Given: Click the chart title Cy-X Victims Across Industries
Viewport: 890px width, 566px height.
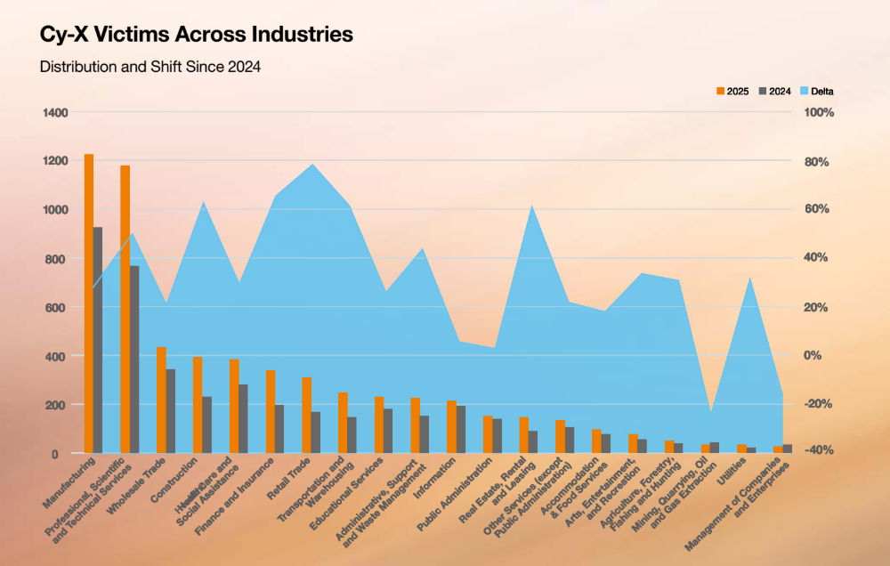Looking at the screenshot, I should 196,35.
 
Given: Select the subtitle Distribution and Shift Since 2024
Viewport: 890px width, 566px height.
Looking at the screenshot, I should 150,67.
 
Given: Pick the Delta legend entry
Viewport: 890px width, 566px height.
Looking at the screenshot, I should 816,91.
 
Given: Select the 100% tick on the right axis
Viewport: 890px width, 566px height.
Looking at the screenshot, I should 817,113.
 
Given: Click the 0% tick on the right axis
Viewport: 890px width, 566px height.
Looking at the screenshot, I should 814,355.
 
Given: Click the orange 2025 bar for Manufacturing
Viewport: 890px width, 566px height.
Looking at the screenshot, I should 89,303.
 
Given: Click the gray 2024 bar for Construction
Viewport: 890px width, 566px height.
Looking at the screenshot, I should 206,424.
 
